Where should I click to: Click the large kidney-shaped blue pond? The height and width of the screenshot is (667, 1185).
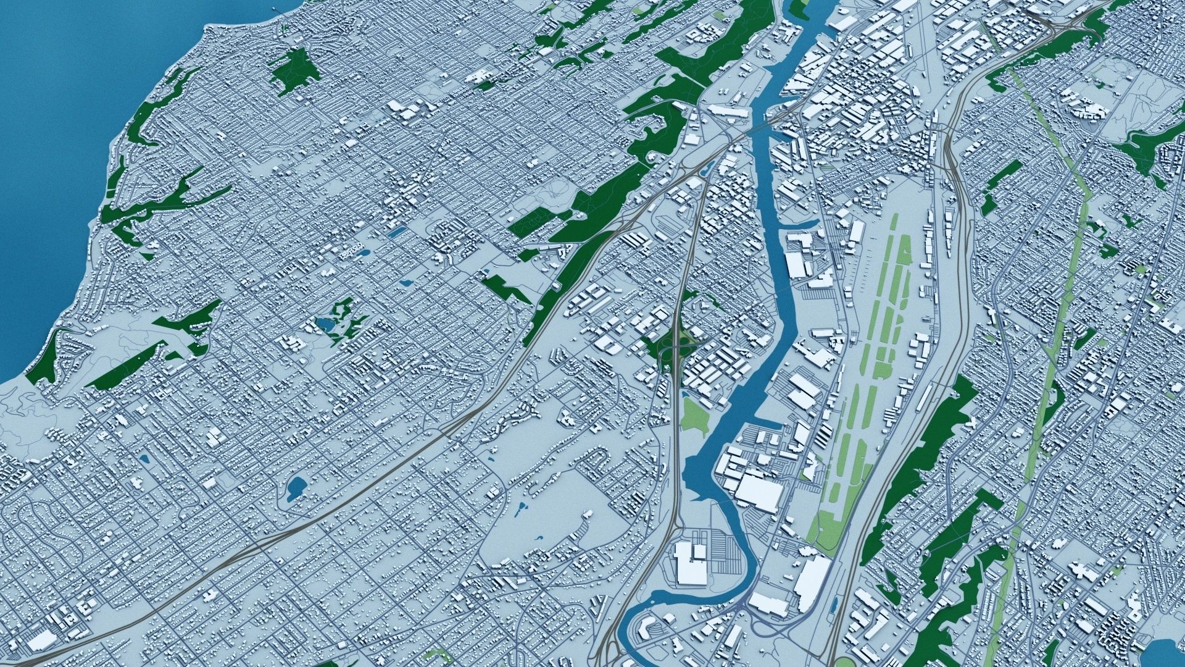pyautogui.click(x=296, y=487)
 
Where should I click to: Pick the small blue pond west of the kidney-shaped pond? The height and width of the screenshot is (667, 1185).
pyautogui.click(x=144, y=459)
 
